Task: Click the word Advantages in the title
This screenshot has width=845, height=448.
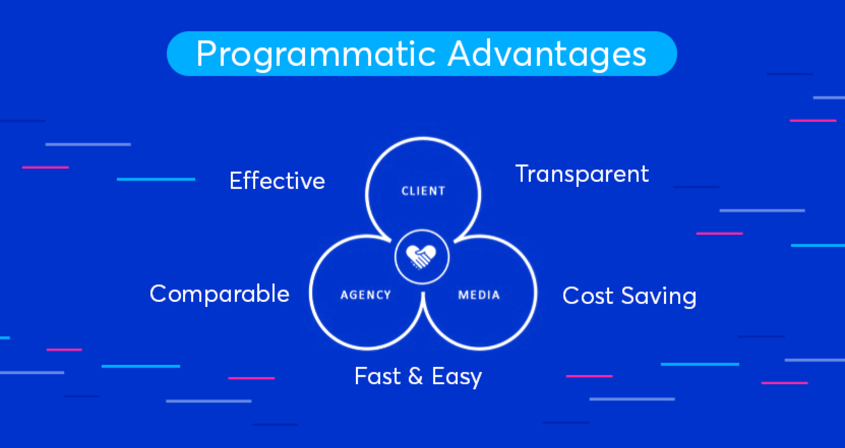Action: (547, 54)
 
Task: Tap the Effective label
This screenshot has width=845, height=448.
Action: (277, 181)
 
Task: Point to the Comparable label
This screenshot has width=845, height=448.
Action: (219, 294)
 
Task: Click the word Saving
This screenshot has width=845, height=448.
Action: (659, 297)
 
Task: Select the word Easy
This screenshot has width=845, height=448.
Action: (457, 377)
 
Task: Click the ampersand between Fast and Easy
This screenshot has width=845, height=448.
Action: (416, 376)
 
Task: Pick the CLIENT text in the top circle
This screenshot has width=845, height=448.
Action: (423, 191)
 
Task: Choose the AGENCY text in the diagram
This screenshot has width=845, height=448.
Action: (365, 295)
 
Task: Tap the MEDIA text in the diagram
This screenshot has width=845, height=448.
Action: (479, 295)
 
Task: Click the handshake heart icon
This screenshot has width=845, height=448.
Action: (421, 256)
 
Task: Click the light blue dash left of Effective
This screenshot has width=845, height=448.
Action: (156, 179)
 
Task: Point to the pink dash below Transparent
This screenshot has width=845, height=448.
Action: (720, 234)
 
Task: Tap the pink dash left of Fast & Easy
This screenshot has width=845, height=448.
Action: (251, 378)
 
